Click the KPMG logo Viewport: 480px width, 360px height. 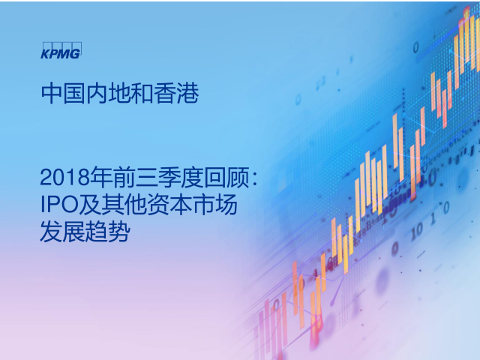click(x=61, y=50)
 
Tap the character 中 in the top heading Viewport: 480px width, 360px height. click(x=52, y=93)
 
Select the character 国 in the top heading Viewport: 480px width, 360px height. click(x=74, y=93)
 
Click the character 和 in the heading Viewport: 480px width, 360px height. click(x=142, y=93)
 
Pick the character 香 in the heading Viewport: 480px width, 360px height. click(x=165, y=93)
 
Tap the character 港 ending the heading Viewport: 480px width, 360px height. click(x=187, y=93)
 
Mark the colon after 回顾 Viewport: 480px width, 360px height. click(x=255, y=178)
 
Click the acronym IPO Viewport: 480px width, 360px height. click(x=59, y=205)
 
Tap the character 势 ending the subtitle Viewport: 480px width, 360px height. click(x=119, y=231)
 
